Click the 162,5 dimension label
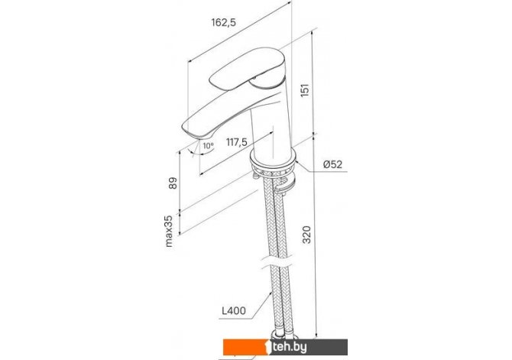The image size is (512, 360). [224, 22]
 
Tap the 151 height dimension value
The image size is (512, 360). [304, 90]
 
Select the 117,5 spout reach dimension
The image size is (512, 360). [237, 142]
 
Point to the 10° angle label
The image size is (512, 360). [208, 146]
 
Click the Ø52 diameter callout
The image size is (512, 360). [333, 164]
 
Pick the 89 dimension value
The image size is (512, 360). [173, 183]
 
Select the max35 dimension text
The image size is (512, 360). [169, 231]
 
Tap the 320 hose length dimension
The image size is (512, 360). [306, 235]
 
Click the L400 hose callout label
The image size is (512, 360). [234, 310]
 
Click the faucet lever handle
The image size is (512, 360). [248, 70]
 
